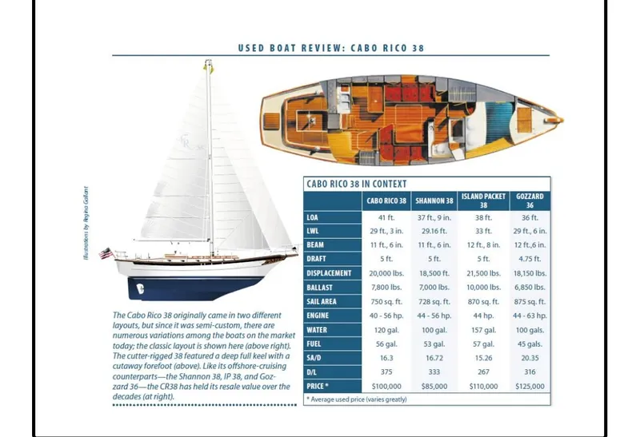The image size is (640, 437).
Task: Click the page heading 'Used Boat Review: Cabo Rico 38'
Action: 330,48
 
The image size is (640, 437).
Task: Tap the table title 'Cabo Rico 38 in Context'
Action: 357,184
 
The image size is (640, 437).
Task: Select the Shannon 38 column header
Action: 434,200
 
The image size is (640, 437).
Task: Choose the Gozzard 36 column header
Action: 530,200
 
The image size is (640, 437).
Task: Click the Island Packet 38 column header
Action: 482,200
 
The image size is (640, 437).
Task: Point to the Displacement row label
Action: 329,272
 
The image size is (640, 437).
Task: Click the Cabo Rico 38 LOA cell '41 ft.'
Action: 386,217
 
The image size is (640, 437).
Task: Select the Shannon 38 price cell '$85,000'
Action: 434,386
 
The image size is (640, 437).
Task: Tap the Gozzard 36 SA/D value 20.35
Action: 530,357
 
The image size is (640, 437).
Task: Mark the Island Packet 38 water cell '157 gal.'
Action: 482,328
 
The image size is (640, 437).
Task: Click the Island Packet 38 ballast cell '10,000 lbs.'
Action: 482,287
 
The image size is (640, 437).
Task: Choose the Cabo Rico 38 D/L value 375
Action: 386,371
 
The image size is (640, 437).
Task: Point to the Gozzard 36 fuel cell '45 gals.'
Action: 530,343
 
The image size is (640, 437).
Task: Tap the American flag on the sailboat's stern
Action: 104,253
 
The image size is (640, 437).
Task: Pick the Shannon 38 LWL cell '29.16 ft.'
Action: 434,230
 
